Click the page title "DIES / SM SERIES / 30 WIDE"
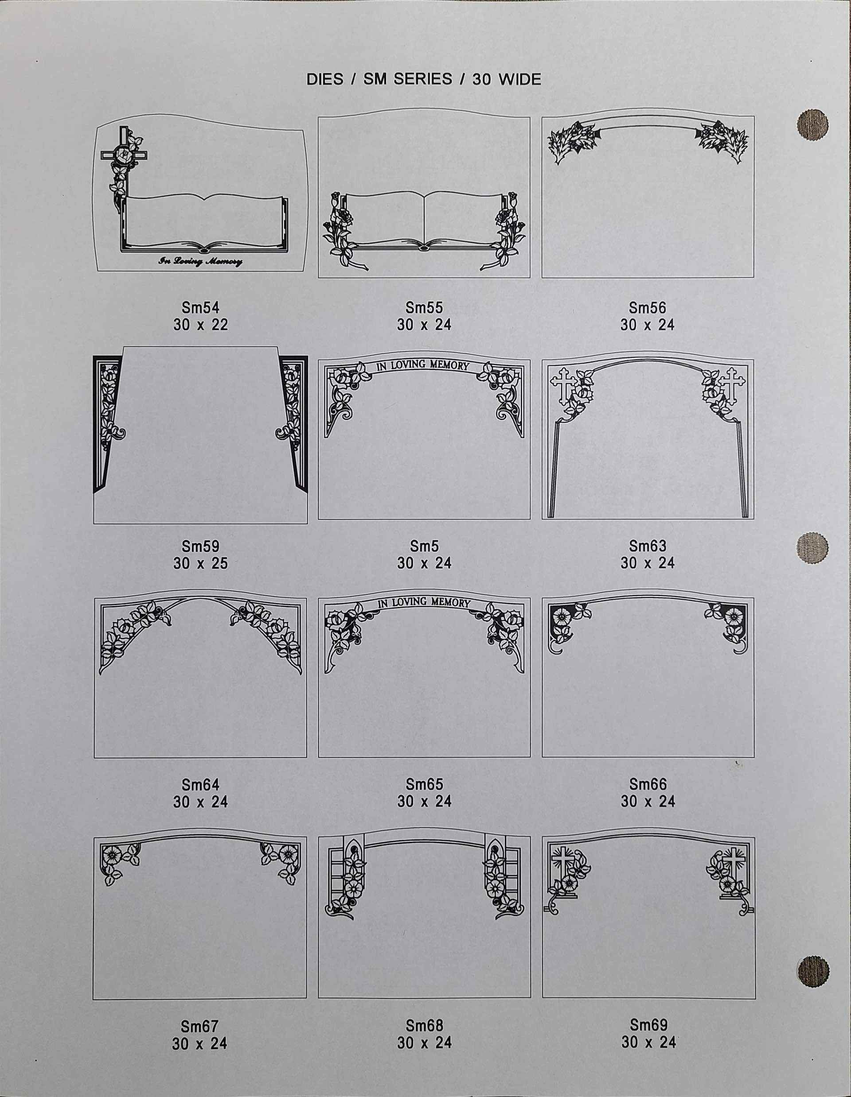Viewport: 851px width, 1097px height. (424, 79)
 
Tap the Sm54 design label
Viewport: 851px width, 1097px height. (200, 307)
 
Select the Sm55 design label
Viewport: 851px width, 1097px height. (424, 307)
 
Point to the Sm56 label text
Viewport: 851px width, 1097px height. (647, 307)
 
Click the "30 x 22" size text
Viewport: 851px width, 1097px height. (200, 325)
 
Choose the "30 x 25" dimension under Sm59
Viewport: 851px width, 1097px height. (200, 563)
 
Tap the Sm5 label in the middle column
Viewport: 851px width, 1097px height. (424, 546)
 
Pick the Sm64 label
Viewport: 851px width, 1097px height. (200, 784)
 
